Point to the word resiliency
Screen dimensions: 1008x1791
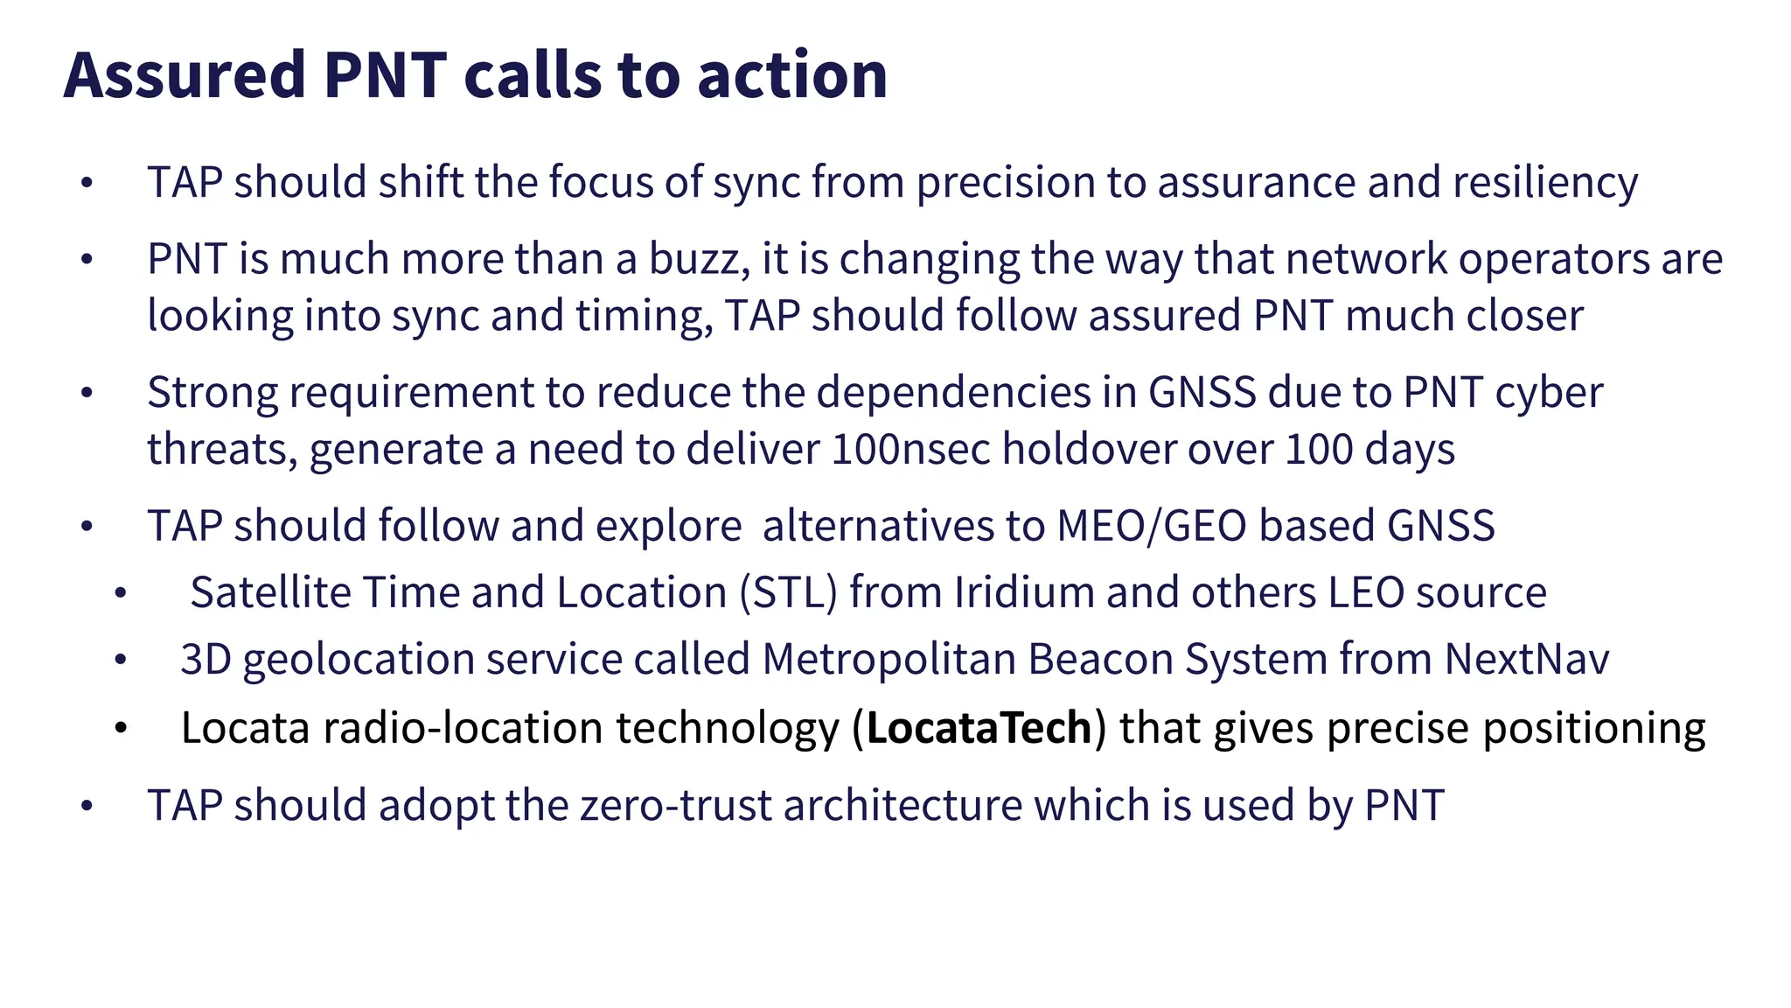tap(1545, 183)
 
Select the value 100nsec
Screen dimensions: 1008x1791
tap(910, 449)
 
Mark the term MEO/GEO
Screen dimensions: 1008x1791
tap(1152, 526)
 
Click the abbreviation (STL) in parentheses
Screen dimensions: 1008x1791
tap(788, 592)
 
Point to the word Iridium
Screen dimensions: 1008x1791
tap(1023, 592)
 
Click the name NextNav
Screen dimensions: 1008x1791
tap(1526, 659)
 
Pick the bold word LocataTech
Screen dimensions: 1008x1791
tap(979, 728)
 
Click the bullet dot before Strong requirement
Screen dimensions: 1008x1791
tap(86, 393)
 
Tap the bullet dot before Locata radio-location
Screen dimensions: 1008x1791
tap(121, 728)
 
